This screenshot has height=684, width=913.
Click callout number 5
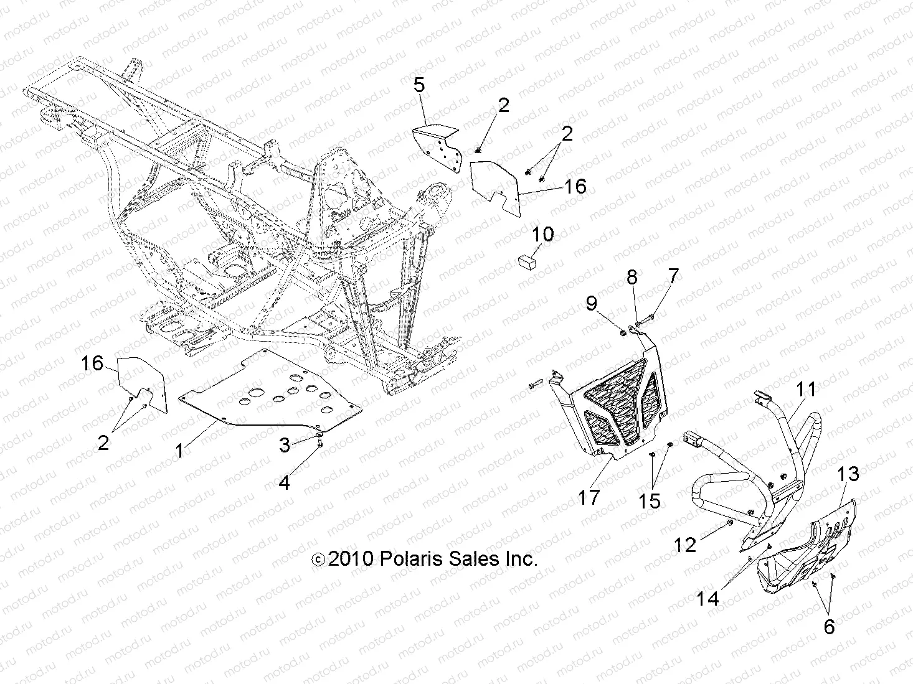(419, 85)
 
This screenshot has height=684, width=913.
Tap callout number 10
(543, 235)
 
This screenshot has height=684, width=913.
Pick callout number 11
(807, 390)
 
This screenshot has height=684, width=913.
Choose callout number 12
(685, 545)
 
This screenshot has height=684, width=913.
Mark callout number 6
(829, 627)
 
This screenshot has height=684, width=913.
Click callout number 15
(650, 501)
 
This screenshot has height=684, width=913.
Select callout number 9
(591, 303)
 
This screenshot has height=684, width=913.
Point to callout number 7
(673, 276)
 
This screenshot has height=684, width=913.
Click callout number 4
(284, 482)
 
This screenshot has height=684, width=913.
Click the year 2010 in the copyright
(350, 559)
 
